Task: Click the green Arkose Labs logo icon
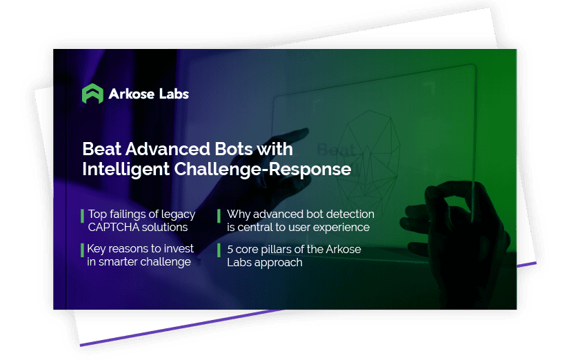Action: [92, 94]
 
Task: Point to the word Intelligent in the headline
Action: [126, 169]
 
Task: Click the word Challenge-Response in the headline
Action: [263, 169]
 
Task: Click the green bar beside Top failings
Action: [82, 215]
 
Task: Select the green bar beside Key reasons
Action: [82, 250]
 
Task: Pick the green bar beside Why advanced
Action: [219, 215]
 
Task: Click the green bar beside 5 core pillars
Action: [219, 250]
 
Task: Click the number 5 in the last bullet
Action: [230, 250]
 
